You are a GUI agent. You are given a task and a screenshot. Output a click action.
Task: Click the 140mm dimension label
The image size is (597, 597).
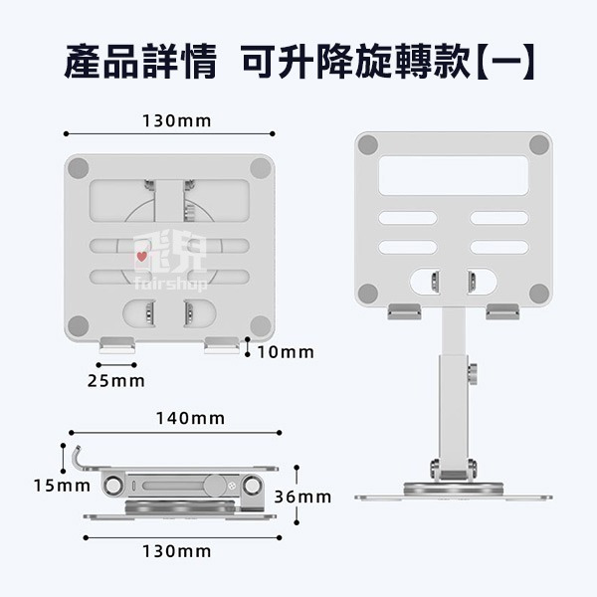pos(190,419)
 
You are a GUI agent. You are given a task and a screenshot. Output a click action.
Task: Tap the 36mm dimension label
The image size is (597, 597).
pos(302,497)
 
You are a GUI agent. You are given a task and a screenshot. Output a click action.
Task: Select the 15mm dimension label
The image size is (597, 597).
pos(62,486)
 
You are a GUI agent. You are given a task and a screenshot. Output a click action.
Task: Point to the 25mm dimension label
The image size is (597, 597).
pos(116,381)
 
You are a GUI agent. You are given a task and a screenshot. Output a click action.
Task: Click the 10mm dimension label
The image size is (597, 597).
pos(286,352)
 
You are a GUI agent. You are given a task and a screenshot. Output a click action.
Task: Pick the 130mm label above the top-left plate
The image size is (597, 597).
pos(177,121)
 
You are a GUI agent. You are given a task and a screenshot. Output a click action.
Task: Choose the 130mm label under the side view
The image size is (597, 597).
pos(177,551)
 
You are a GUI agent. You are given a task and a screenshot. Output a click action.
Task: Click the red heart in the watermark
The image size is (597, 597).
pos(142,257)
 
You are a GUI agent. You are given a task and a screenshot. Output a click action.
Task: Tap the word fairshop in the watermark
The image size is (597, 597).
pos(171,284)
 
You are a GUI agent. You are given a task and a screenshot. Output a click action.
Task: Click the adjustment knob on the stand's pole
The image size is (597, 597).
pos(473,374)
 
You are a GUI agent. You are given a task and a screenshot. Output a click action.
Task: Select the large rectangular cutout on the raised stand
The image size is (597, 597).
pos(454,175)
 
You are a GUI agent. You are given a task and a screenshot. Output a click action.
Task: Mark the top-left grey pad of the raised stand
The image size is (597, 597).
pos(368,144)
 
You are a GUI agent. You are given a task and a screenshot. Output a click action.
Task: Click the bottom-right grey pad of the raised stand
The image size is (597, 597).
pos(539,294)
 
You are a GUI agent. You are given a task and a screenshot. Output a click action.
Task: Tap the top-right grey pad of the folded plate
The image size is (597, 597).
pos(261,168)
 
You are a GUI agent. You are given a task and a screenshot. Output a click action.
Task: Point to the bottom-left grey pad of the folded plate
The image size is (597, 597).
pos(78,326)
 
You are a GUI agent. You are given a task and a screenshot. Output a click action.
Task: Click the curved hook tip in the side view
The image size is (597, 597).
pos(78,448)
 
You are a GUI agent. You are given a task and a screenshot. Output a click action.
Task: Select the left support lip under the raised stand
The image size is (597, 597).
pos(404,311)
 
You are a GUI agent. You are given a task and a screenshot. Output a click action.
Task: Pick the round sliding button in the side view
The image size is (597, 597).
pos(214,486)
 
